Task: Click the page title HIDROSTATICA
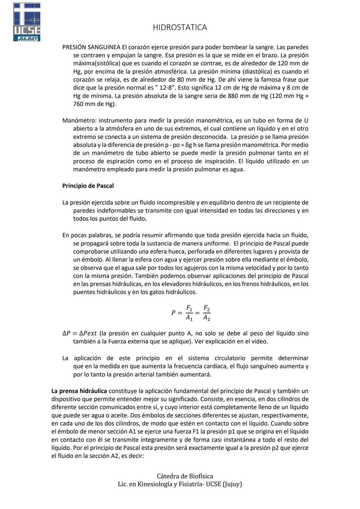click(x=180, y=27)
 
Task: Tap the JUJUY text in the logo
click(x=27, y=39)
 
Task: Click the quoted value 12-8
click(x=169, y=88)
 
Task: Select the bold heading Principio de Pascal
click(x=88, y=186)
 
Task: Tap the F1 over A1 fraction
click(x=189, y=313)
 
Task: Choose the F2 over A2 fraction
click(x=207, y=313)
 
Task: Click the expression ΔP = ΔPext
click(x=79, y=333)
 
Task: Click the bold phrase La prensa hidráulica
click(x=79, y=391)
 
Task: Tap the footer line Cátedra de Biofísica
click(x=185, y=476)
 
